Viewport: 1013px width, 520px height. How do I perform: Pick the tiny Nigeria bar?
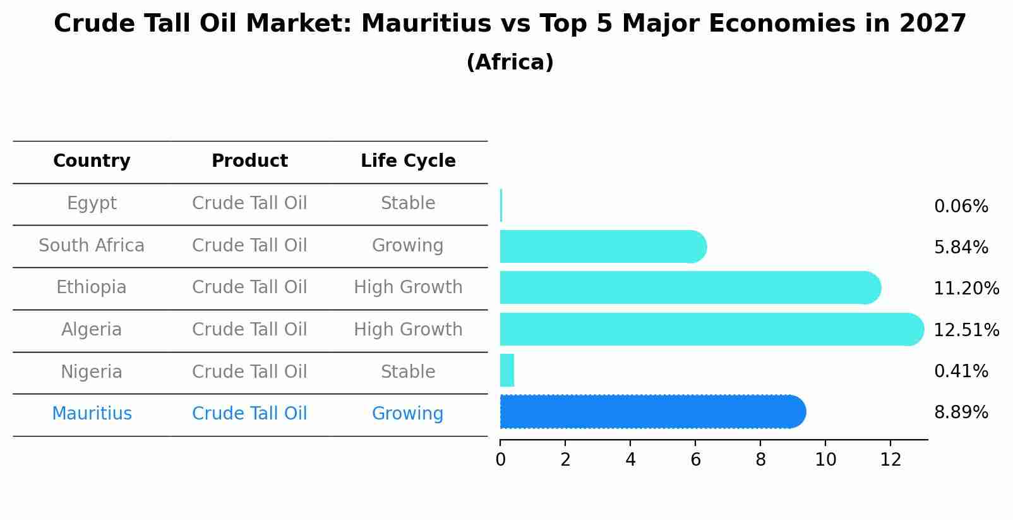507,370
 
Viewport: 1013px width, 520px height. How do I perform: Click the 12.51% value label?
966,330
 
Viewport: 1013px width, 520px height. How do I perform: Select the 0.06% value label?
961,207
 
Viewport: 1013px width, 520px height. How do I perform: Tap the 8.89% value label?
961,413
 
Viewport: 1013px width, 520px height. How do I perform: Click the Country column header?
92,161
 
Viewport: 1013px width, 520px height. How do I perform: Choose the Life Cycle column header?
408,161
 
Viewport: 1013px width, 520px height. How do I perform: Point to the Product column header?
249,161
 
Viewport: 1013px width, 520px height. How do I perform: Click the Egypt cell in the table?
92,203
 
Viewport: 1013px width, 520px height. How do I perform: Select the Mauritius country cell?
92,414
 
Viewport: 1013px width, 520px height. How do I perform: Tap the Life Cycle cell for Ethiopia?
408,287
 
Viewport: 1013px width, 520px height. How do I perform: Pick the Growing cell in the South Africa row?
407,246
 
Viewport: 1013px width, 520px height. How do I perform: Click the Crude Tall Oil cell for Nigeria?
249,372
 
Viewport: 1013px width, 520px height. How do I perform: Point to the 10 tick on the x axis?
825,460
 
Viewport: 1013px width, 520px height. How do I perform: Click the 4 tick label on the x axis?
630,460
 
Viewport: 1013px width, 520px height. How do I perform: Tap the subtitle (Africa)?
510,63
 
